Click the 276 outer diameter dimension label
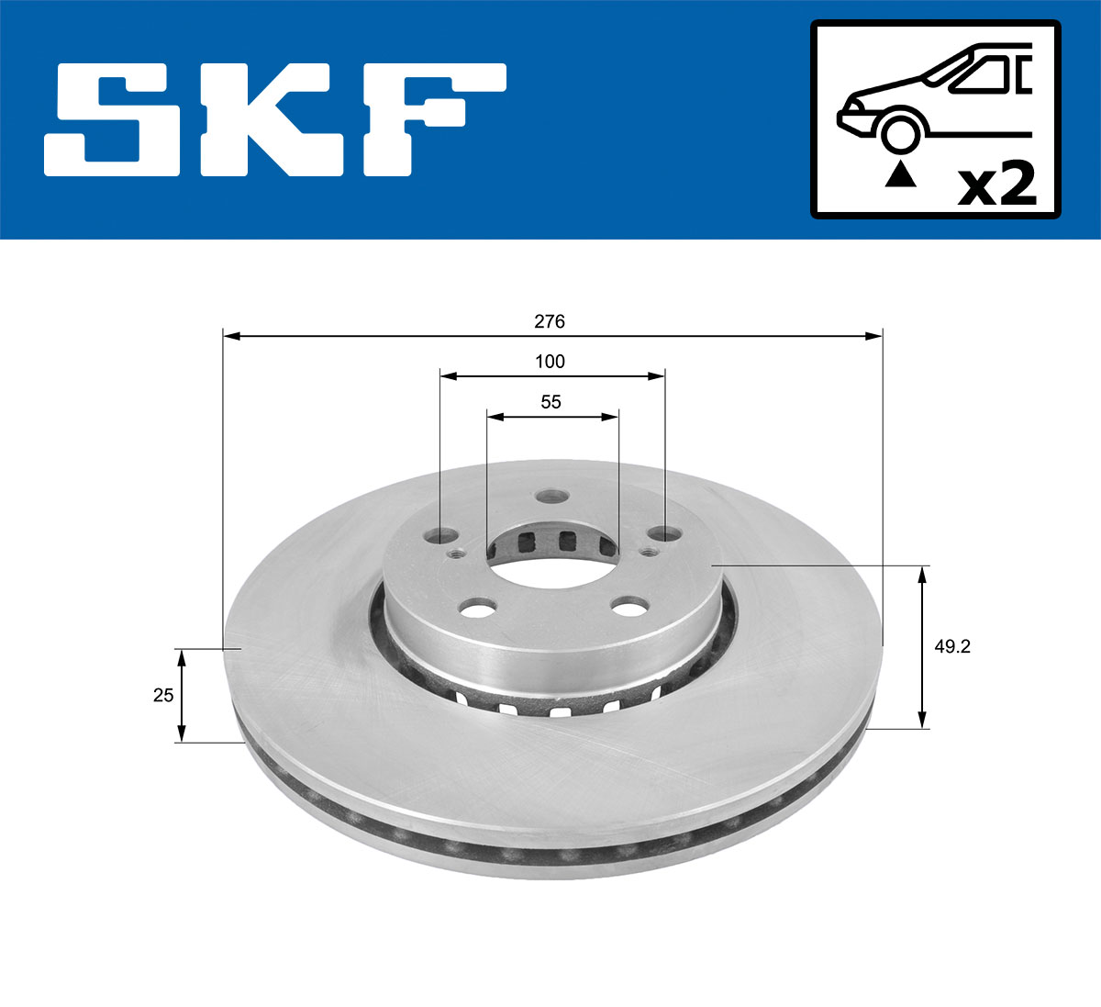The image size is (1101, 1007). pyautogui.click(x=550, y=321)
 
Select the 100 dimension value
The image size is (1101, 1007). pyautogui.click(x=550, y=362)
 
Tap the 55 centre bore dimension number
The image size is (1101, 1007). pyautogui.click(x=550, y=402)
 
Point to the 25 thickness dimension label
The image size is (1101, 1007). pyautogui.click(x=163, y=695)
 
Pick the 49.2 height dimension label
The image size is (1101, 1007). pyautogui.click(x=952, y=646)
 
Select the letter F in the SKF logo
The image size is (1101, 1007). pyautogui.click(x=431, y=119)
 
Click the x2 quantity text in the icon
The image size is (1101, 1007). pyautogui.click(x=995, y=185)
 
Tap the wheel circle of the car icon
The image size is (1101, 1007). pyautogui.click(x=900, y=132)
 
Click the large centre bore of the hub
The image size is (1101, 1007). pyautogui.click(x=550, y=560)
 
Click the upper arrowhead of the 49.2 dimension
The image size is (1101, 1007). pyautogui.click(x=923, y=574)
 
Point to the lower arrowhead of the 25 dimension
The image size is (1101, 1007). pyautogui.click(x=182, y=733)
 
